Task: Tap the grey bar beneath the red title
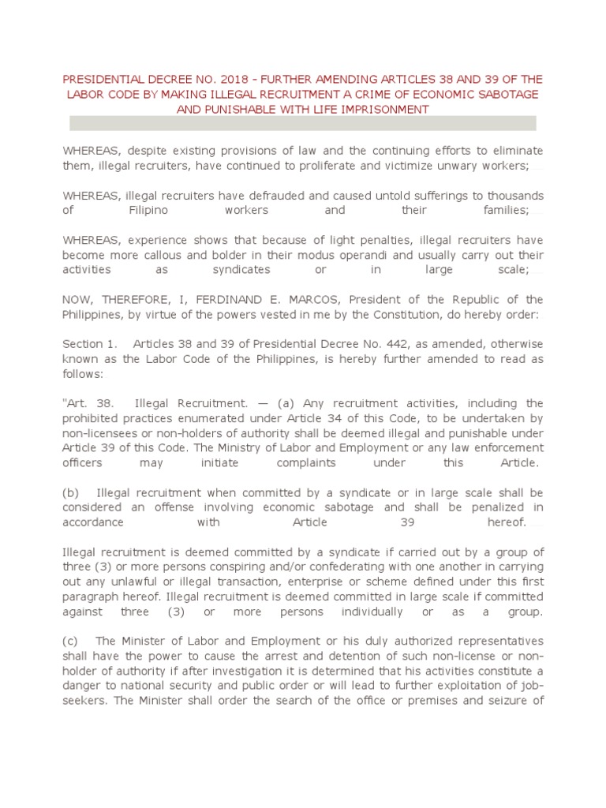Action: pos(303,123)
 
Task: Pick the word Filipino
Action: pos(148,210)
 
